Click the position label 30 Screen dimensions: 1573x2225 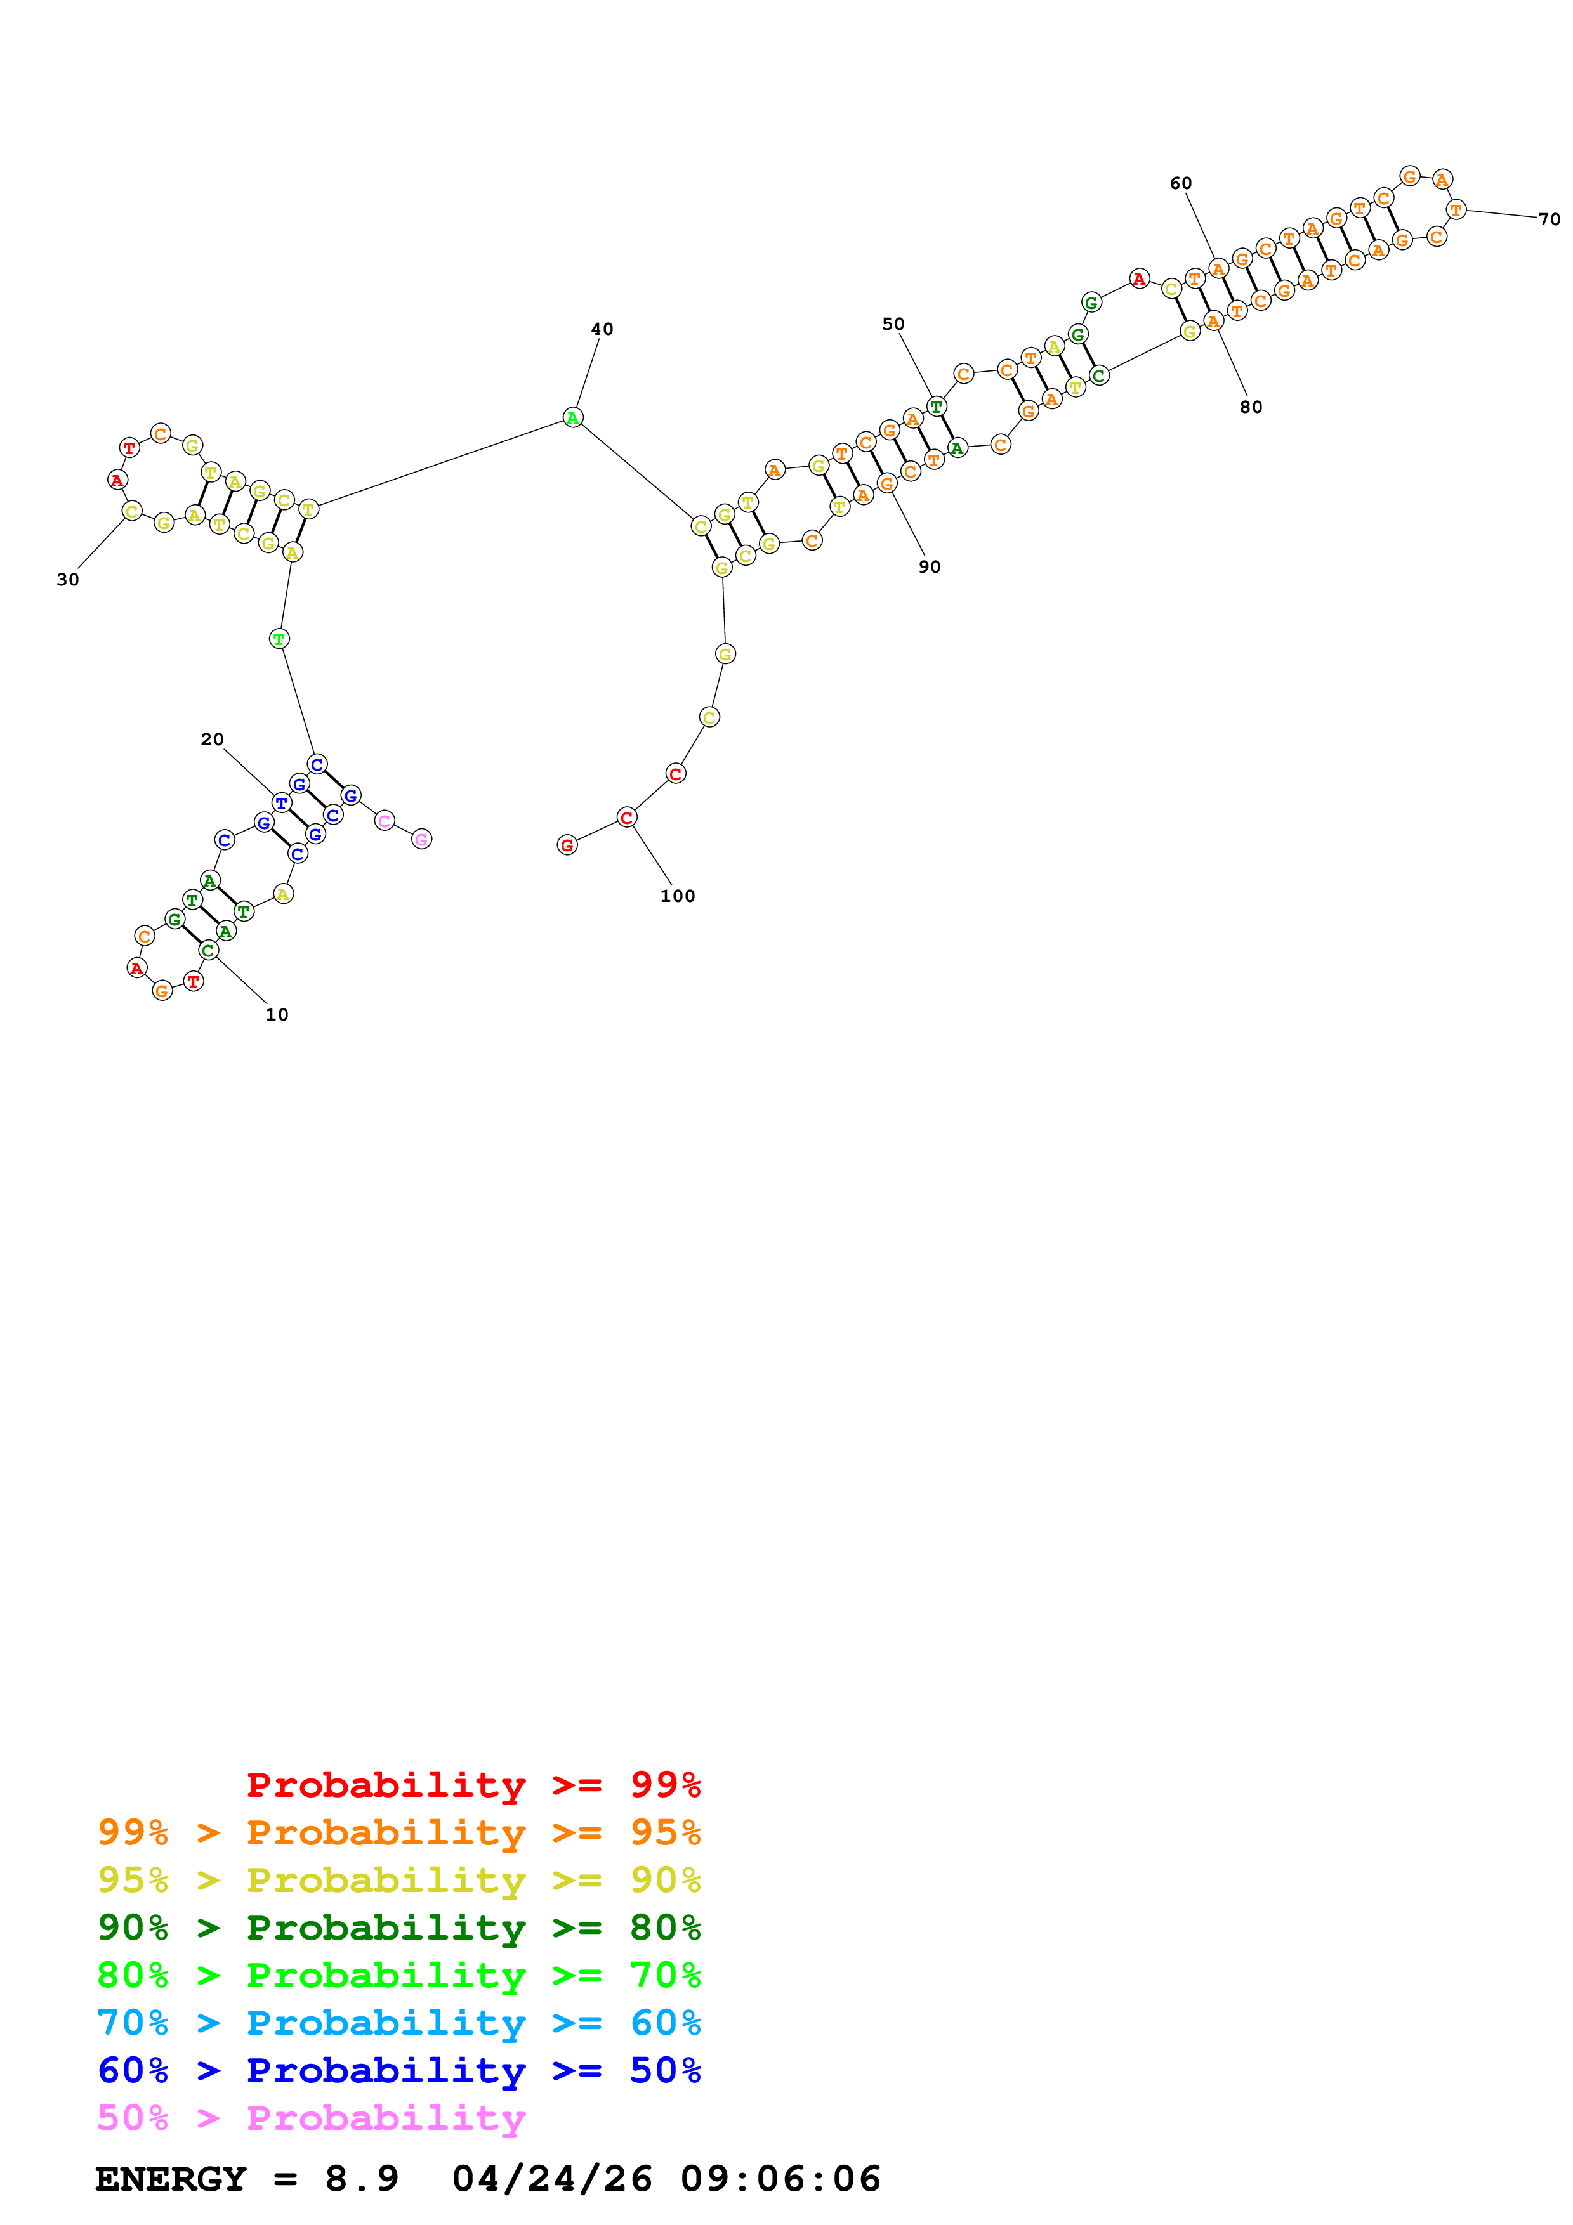tap(68, 580)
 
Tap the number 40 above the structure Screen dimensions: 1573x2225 tap(602, 329)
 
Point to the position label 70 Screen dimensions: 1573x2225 tap(1549, 220)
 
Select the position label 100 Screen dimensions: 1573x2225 tap(678, 896)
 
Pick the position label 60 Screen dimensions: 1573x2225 tap(1180, 183)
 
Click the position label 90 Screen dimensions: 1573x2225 tap(930, 567)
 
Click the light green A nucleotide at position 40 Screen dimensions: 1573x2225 tap(573, 418)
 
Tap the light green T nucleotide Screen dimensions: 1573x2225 tap(279, 639)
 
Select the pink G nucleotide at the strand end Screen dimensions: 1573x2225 tap(421, 839)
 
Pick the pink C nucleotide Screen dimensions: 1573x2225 tap(385, 821)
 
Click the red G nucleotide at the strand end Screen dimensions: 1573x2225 tap(567, 845)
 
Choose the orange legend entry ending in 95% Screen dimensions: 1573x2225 tap(398, 1832)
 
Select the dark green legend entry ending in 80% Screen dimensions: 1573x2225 tap(398, 1928)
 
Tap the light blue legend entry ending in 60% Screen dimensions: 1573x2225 tap(398, 2023)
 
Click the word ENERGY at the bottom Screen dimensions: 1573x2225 tap(171, 2179)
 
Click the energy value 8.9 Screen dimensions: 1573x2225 tap(362, 2179)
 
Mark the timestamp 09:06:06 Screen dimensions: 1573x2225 tap(780, 2179)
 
